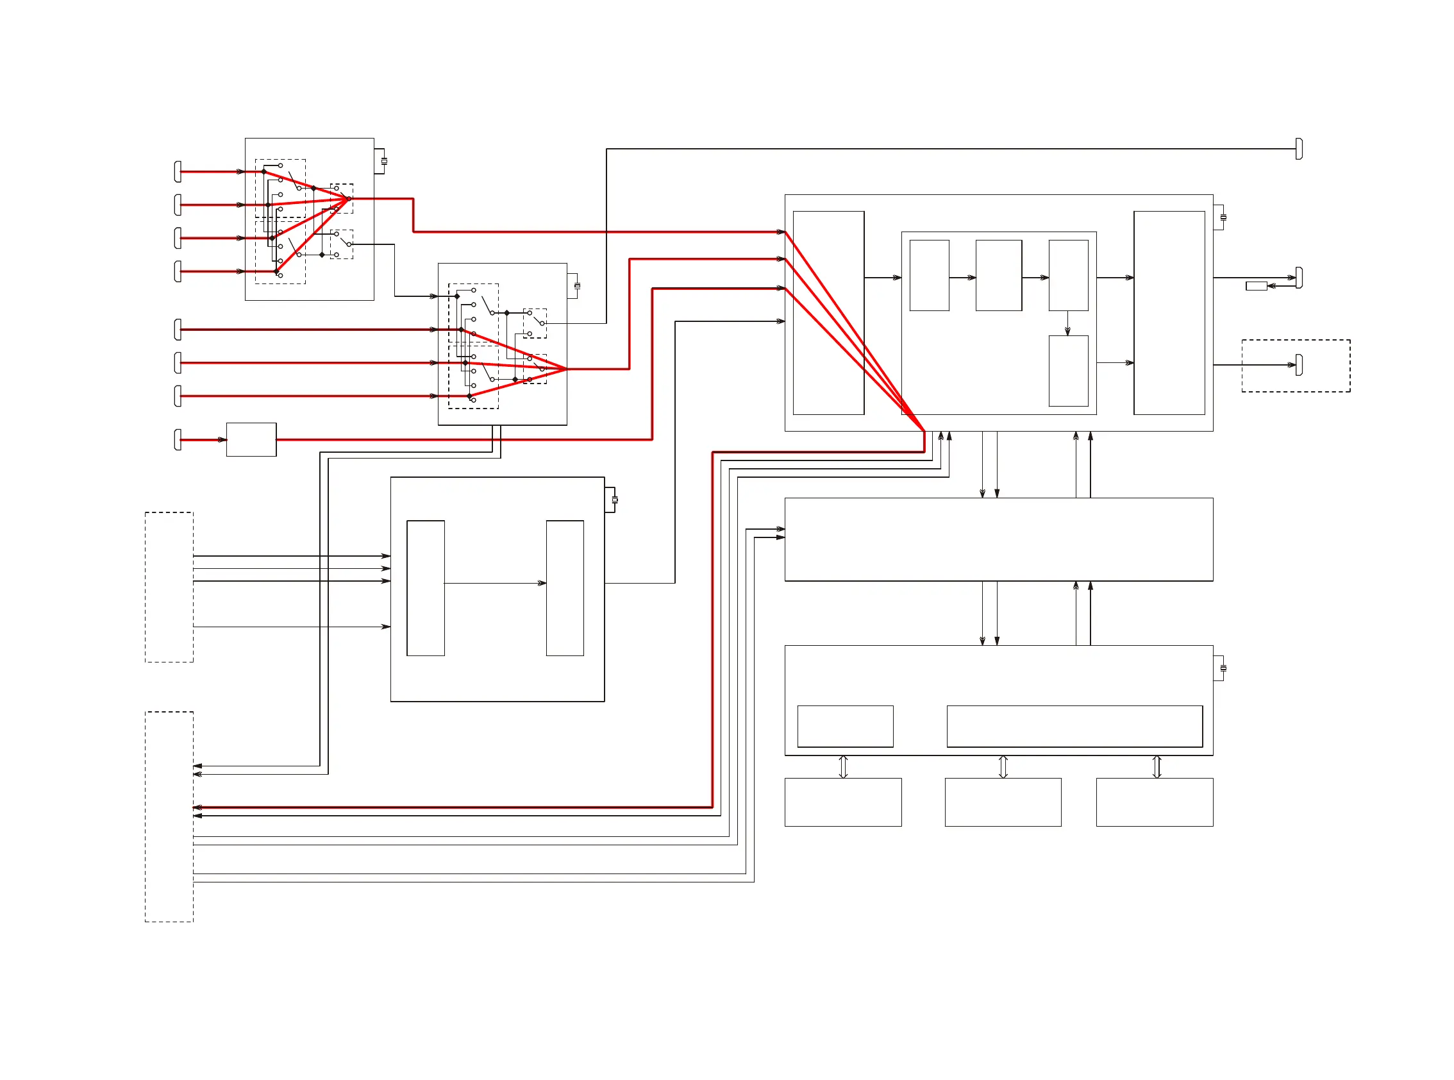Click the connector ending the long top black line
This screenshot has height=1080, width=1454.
[1298, 149]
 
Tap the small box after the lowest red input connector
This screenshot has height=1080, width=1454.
[251, 439]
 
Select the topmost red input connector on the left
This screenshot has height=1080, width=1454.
[178, 172]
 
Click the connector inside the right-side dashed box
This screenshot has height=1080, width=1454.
[1298, 365]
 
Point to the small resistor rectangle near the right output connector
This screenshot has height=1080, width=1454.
[1255, 285]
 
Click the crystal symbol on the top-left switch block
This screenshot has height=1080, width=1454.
[383, 161]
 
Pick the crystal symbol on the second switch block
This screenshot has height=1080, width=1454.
[576, 285]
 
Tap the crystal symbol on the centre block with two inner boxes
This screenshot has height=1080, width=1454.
[614, 500]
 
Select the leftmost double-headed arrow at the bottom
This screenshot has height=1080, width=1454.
[843, 766]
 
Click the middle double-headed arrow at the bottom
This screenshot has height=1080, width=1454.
[1003, 766]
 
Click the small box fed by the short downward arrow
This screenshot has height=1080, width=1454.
[1068, 371]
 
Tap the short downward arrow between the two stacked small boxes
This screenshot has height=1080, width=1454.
[1068, 323]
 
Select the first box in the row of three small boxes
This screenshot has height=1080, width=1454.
[928, 275]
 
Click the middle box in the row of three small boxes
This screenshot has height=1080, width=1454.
[998, 275]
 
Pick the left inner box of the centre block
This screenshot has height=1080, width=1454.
[426, 587]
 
